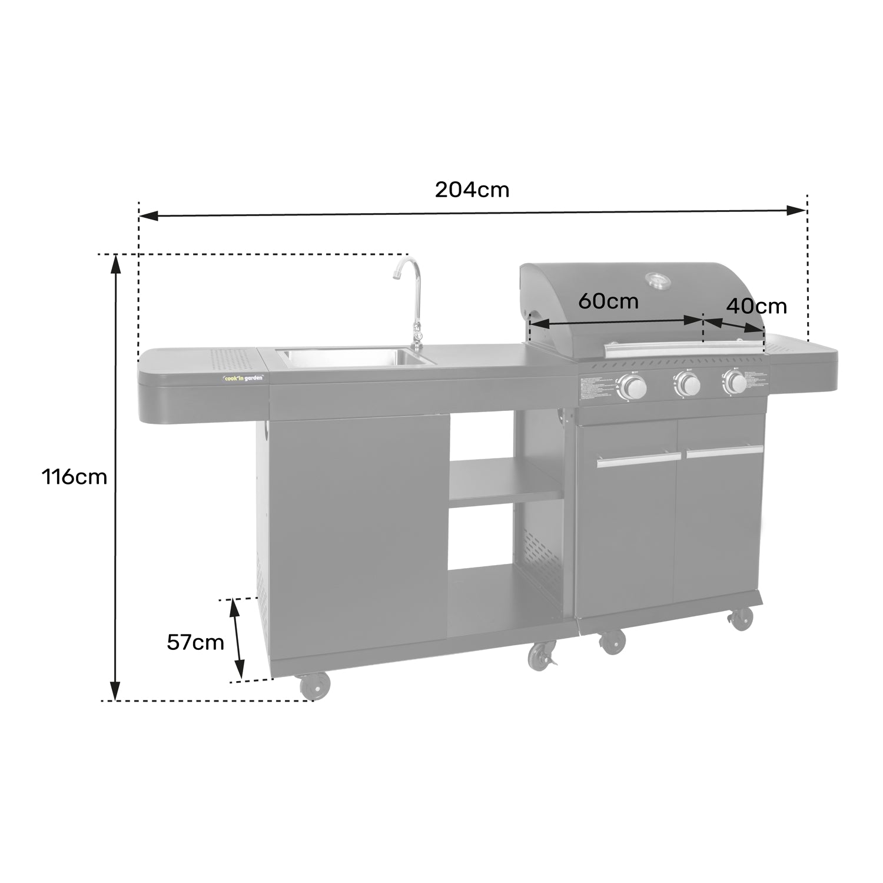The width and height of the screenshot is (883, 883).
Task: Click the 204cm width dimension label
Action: click(x=472, y=190)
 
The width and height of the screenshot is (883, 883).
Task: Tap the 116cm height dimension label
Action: click(x=74, y=476)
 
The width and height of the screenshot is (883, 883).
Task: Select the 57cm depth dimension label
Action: click(x=195, y=642)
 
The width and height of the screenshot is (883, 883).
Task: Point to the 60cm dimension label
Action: click(x=608, y=301)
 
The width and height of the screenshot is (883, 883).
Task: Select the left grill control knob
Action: click(x=633, y=387)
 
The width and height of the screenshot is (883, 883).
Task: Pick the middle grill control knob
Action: click(x=686, y=384)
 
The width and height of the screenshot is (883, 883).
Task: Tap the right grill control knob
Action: click(x=735, y=382)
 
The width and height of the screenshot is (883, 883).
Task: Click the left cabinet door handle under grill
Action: click(x=639, y=460)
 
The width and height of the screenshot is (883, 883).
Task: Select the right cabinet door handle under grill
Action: click(x=724, y=452)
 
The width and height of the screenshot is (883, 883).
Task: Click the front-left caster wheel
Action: click(x=315, y=686)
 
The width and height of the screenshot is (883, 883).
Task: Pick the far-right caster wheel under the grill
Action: click(x=741, y=619)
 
